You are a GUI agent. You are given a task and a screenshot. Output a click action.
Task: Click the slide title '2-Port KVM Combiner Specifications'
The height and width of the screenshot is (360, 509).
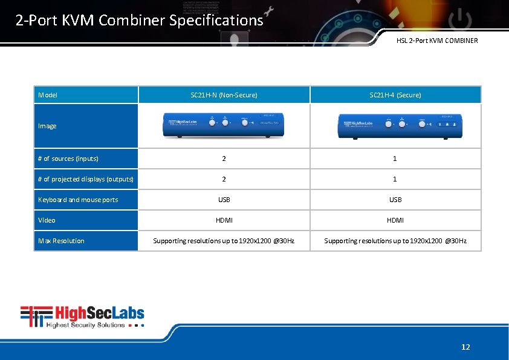pos(140,21)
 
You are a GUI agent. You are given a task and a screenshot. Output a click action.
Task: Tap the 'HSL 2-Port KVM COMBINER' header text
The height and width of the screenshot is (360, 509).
pos(436,41)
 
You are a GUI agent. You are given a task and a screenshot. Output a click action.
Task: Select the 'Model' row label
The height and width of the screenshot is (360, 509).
pos(48,95)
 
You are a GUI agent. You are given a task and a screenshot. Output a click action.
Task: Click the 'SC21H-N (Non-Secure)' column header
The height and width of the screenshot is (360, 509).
pos(224,95)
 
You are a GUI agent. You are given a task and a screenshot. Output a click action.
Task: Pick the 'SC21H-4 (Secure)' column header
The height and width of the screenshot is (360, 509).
pos(395,95)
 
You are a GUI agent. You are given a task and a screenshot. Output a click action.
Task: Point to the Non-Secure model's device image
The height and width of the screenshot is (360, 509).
pos(224,125)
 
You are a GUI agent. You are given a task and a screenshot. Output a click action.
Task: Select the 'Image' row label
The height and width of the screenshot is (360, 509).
pos(47,126)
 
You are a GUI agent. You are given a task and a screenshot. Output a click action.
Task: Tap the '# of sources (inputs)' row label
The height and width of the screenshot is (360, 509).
pos(68,159)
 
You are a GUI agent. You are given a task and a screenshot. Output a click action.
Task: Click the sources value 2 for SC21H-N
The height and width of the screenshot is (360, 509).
pos(224,159)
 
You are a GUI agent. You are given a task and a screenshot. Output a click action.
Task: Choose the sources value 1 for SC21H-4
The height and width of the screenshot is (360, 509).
pos(395,159)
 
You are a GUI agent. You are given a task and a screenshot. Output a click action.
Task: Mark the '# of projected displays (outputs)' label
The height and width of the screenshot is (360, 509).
pos(85,179)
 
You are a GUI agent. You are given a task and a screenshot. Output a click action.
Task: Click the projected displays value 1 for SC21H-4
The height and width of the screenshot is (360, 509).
pos(395,179)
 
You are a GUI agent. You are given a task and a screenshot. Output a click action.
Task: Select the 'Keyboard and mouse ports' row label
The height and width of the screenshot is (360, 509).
pos(78,200)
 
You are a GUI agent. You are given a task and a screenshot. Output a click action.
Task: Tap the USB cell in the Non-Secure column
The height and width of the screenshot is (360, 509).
pos(224,200)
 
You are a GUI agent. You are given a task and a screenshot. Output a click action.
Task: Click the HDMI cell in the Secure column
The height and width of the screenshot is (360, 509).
pos(395,220)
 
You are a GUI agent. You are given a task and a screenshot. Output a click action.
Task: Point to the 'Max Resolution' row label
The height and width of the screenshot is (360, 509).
pos(61,241)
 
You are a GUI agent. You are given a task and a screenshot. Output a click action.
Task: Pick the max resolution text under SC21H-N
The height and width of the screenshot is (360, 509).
pos(224,241)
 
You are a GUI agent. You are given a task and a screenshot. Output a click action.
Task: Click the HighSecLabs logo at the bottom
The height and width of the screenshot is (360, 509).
pos(83,316)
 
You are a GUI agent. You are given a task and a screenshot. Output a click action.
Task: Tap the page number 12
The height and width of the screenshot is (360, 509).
pos(465,347)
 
